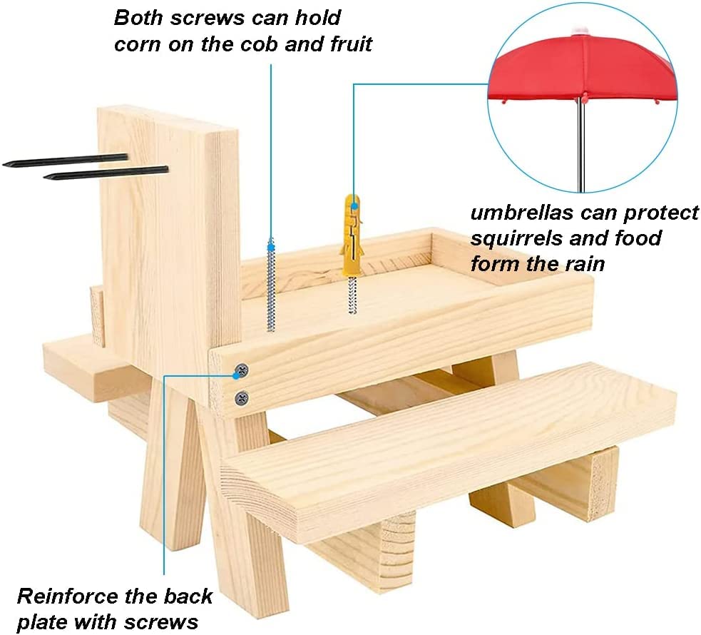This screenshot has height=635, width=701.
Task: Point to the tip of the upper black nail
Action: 6,164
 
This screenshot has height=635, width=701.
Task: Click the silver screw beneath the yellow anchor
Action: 352,293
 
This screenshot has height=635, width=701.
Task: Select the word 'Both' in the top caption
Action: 138,17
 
